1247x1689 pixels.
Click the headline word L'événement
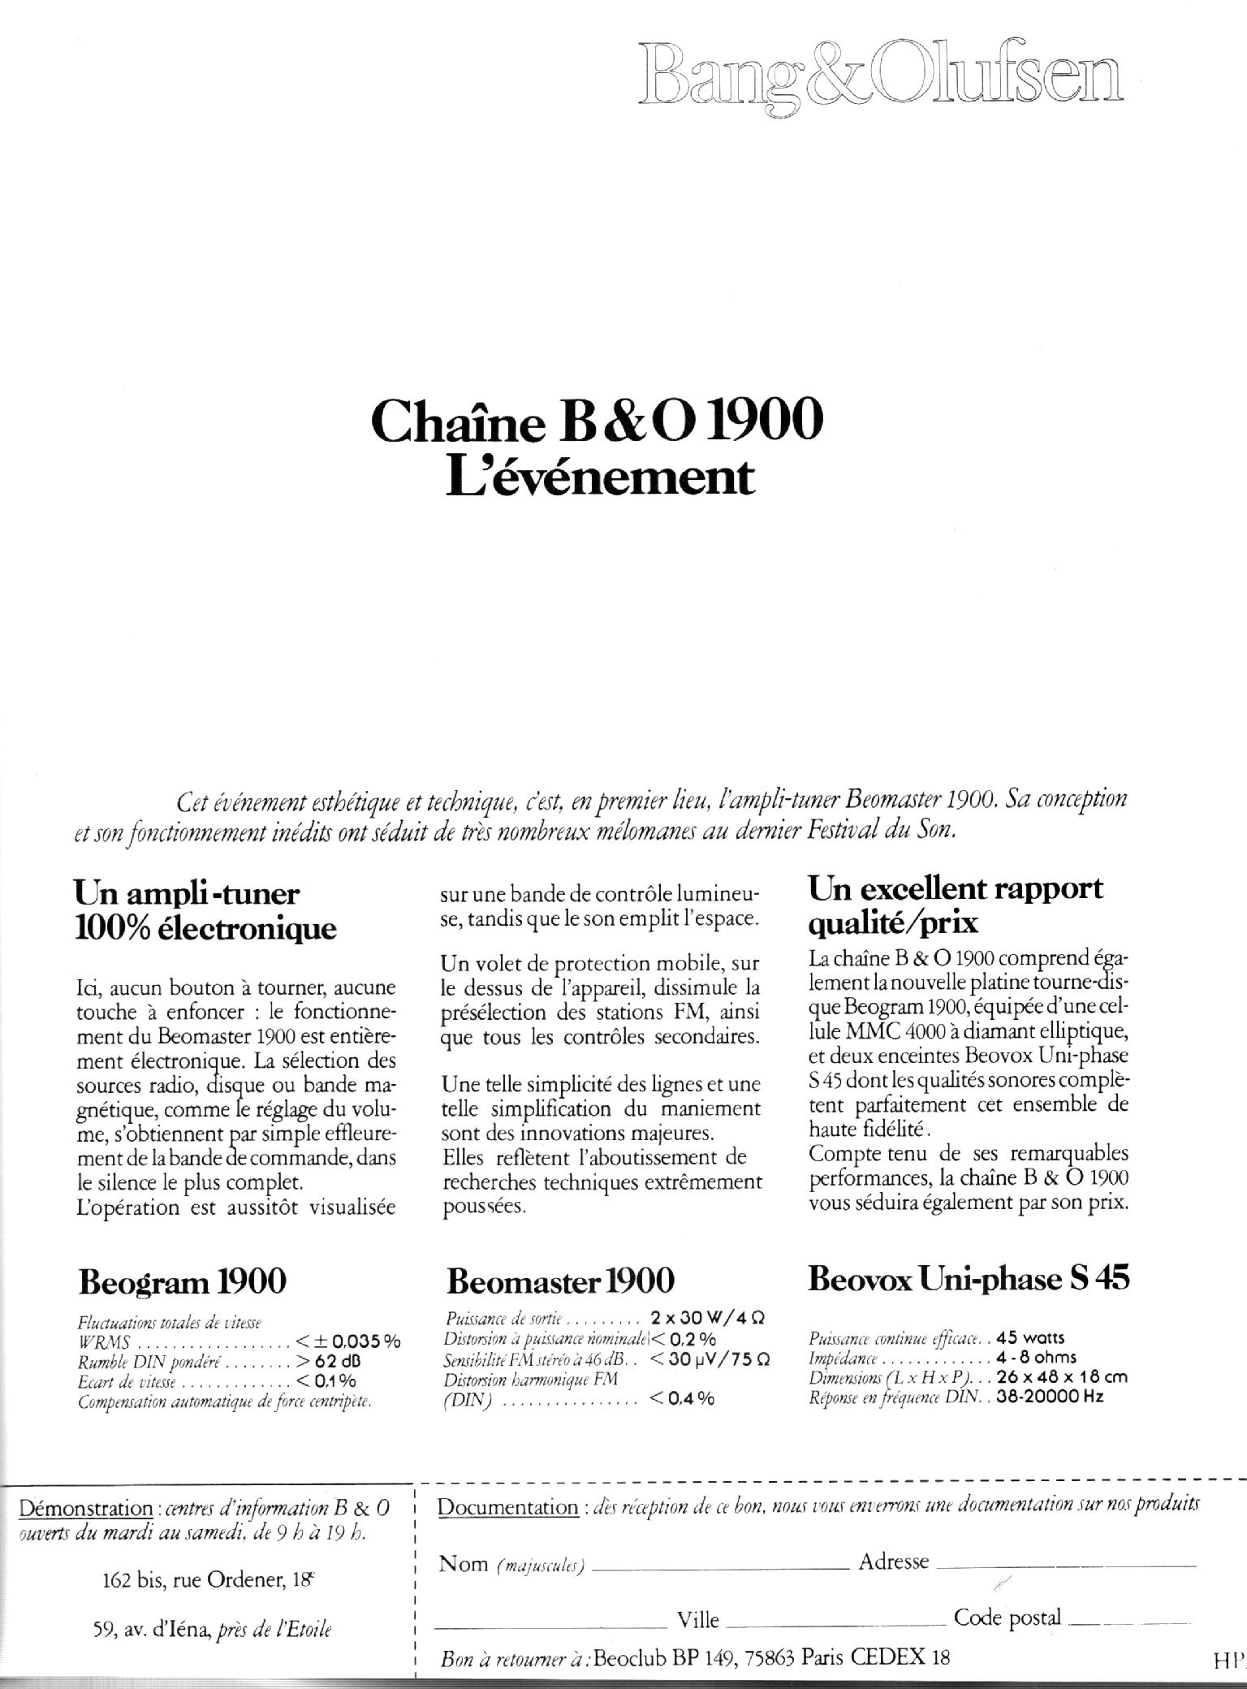tap(601, 477)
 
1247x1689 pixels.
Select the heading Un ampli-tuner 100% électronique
tap(205, 910)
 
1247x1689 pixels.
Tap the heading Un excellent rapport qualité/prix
tap(956, 905)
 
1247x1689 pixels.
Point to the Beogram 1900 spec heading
tap(183, 1282)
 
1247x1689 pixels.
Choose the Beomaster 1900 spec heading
tap(560, 1281)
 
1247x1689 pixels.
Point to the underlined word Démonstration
tap(85, 1509)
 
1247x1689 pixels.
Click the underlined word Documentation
tap(507, 1507)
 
